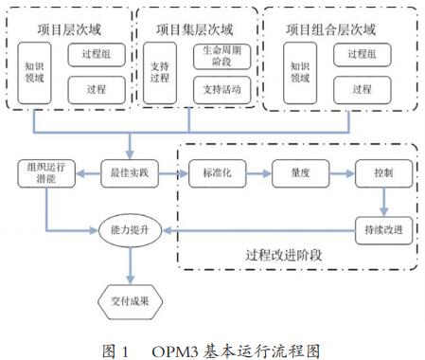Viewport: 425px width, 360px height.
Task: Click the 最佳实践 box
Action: pyautogui.click(x=131, y=175)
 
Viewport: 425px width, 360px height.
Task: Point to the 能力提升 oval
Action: pyautogui.click(x=131, y=230)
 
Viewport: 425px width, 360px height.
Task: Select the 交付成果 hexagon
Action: pyautogui.click(x=131, y=302)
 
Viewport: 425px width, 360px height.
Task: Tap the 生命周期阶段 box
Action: pyautogui.click(x=220, y=57)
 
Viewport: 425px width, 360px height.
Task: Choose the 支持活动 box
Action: pyautogui.click(x=220, y=90)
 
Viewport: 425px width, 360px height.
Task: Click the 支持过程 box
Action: pyautogui.click(x=160, y=74)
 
